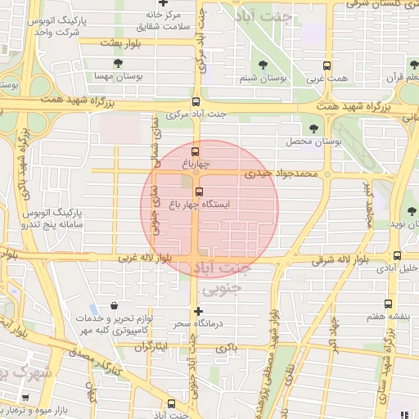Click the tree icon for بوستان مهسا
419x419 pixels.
coord(120,63)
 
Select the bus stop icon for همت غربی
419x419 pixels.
coord(327,66)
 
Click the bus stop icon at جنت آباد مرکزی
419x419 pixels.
coord(195,101)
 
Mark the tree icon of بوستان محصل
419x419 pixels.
coord(315,128)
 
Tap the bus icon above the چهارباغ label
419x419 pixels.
coord(195,151)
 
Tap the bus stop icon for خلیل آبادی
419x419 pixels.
coord(398,255)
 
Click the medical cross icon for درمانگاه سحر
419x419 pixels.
coord(198,311)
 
